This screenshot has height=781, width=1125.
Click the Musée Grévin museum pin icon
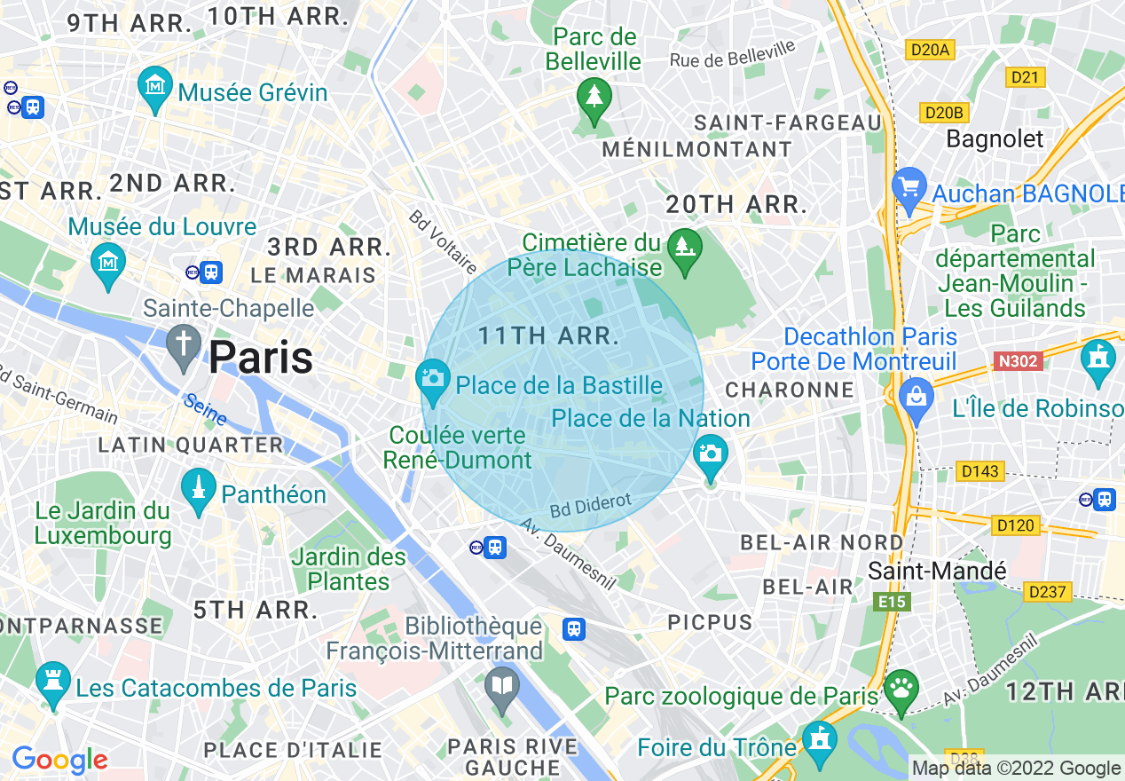[x=156, y=87]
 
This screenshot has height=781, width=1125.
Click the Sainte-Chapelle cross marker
[x=185, y=343]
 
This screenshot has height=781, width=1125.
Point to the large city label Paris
[x=260, y=358]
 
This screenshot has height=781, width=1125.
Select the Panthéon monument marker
[x=199, y=488]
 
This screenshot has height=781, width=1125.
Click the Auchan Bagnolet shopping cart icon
[x=909, y=188]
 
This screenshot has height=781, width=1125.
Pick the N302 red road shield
[x=1018, y=361]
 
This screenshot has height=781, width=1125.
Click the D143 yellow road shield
[x=979, y=470]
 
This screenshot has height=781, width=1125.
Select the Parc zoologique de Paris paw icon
[x=901, y=689]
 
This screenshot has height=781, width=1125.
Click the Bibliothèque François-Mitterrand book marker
[x=502, y=686]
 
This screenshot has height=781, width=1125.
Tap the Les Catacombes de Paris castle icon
[x=53, y=682]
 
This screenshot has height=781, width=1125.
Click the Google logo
[x=59, y=760]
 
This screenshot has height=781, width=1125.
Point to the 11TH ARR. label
[x=548, y=335]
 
